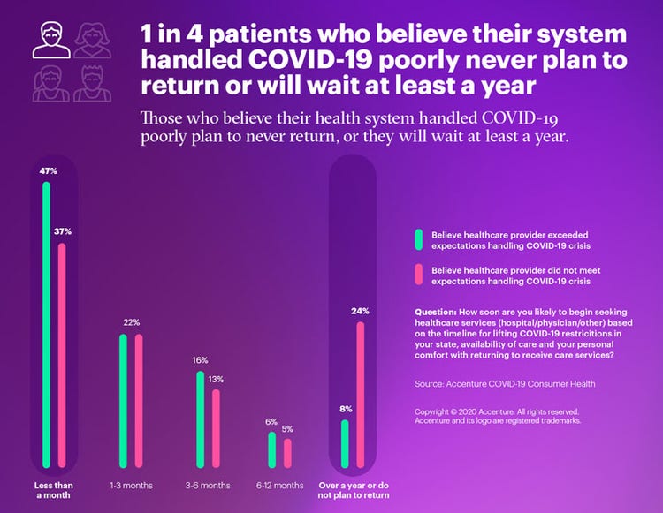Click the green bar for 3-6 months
[201, 419]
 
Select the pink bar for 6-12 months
[287, 451]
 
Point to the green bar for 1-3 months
[124, 401]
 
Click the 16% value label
[201, 360]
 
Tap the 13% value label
[217, 379]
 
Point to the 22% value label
[132, 322]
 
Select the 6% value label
[272, 421]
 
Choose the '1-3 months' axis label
[130, 486]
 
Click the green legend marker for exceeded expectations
[418, 240]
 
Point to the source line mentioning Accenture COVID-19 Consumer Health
[505, 384]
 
